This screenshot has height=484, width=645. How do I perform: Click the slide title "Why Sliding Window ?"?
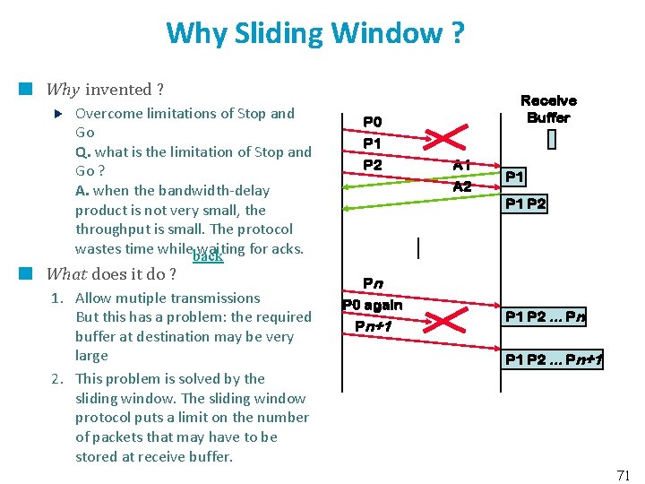pyautogui.click(x=314, y=34)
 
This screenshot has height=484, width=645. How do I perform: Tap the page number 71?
pyautogui.click(x=624, y=475)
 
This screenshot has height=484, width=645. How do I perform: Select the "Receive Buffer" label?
pyautogui.click(x=548, y=109)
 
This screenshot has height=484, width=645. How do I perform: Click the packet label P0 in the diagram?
pyautogui.click(x=372, y=122)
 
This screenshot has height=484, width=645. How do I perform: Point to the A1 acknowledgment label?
pyautogui.click(x=462, y=165)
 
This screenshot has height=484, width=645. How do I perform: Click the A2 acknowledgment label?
pyautogui.click(x=462, y=186)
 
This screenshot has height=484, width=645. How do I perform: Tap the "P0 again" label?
pyautogui.click(x=373, y=305)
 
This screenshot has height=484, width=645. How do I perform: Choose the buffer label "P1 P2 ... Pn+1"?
pyautogui.click(x=554, y=360)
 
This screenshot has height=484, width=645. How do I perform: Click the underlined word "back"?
pyautogui.click(x=208, y=257)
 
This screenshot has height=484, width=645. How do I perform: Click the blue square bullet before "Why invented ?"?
pyautogui.click(x=27, y=89)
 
